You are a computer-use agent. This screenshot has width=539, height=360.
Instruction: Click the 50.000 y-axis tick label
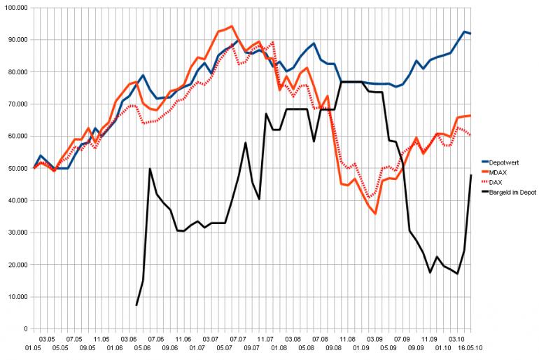[x=15, y=168]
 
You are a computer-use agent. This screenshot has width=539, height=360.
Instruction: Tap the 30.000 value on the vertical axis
[x=15, y=233]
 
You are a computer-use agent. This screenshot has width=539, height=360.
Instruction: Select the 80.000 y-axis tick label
[x=15, y=72]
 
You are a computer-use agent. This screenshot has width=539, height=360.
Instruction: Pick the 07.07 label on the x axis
[x=239, y=337]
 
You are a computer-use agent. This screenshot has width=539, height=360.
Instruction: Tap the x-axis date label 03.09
[x=374, y=337]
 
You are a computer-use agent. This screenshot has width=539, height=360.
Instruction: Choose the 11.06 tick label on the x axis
[x=183, y=337]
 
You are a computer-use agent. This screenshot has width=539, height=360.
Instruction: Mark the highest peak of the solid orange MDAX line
[x=231, y=27]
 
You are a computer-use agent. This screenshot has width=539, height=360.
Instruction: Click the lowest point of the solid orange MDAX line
[x=375, y=213]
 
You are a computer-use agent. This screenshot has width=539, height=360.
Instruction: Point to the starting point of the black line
[x=136, y=305]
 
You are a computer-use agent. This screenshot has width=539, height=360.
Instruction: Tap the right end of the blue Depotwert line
[x=470, y=34]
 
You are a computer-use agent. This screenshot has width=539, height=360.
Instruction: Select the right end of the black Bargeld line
[x=470, y=175]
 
